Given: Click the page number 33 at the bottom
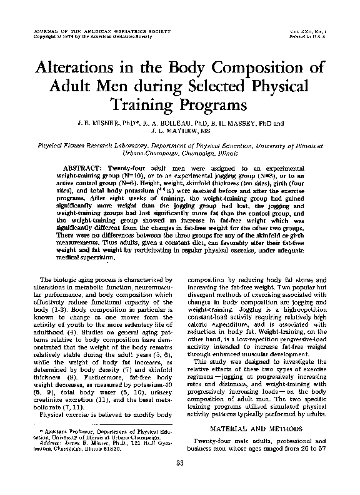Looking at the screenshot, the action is [x=180, y=479].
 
